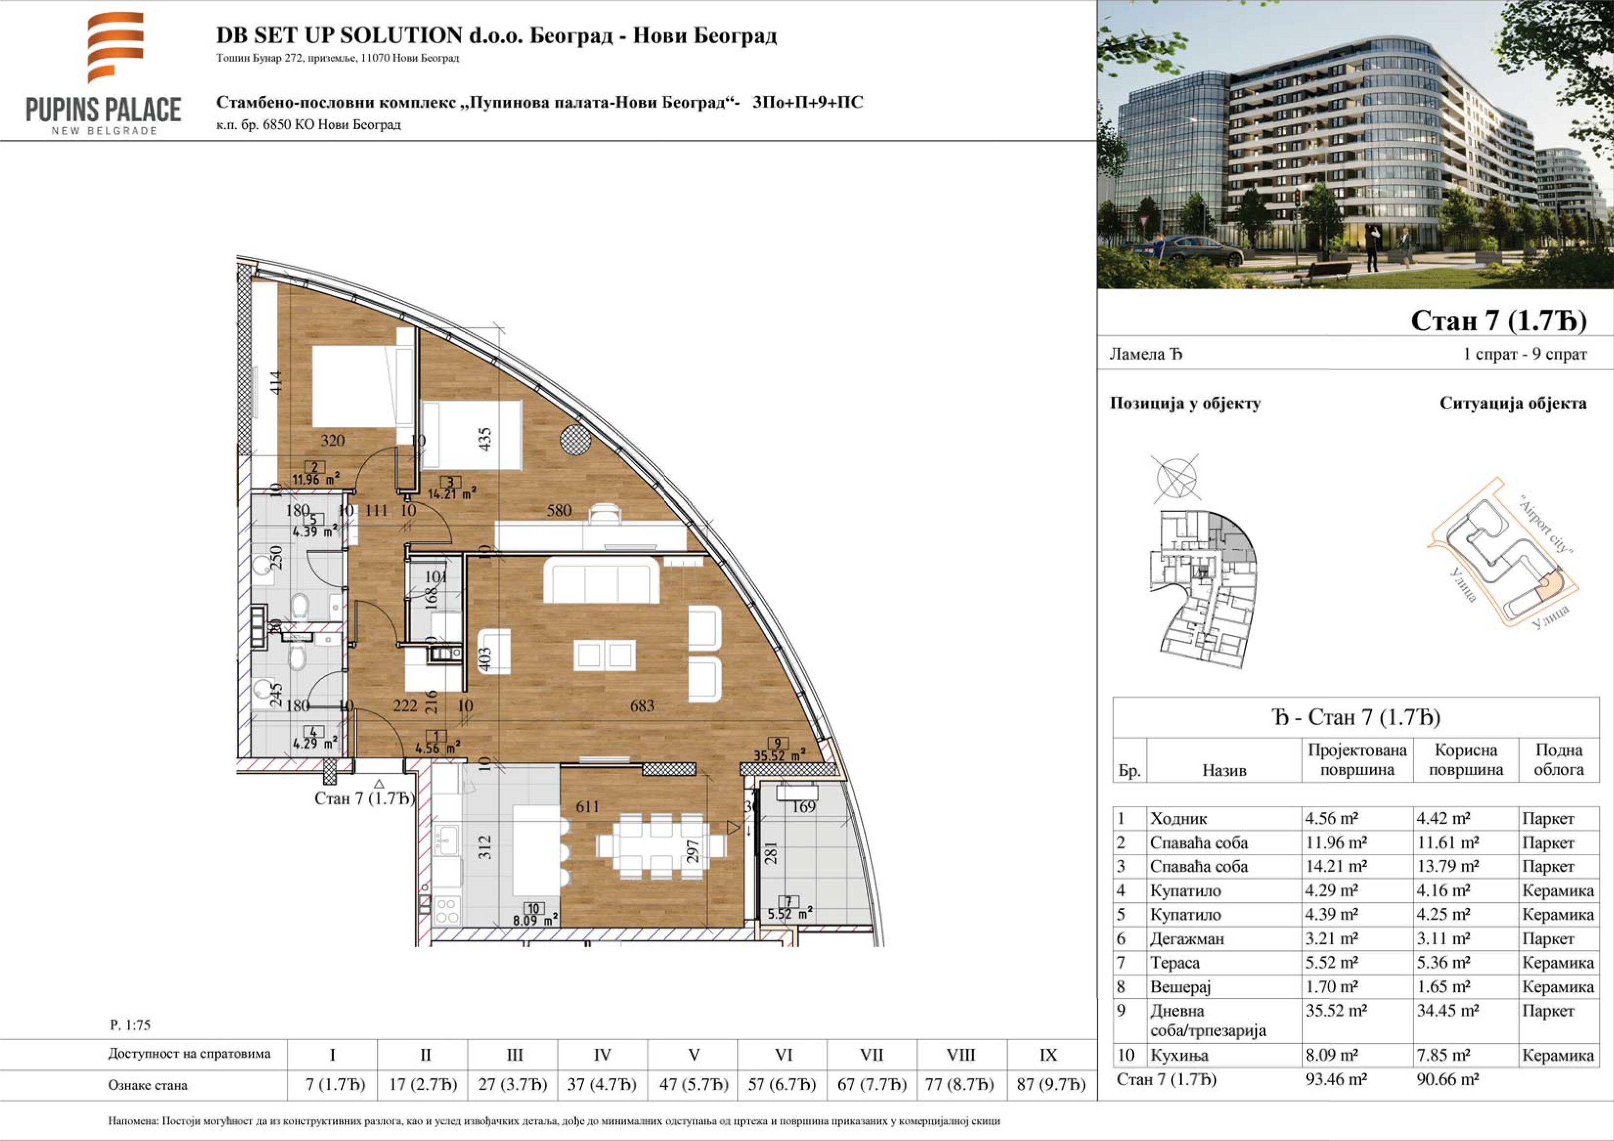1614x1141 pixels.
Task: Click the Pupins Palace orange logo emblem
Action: click(x=115, y=46)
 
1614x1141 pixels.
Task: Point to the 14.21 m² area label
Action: click(x=452, y=493)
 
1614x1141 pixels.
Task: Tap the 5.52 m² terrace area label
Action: click(x=789, y=914)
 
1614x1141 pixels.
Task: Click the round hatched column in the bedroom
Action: click(x=576, y=440)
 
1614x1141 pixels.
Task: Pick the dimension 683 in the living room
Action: click(x=642, y=706)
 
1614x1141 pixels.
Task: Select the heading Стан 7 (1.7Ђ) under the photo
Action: click(x=1498, y=320)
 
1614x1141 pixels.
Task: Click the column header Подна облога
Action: click(x=1558, y=760)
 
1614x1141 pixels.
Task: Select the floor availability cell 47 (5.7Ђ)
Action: click(x=693, y=1085)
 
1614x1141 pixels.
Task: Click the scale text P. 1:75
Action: click(x=130, y=1025)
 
